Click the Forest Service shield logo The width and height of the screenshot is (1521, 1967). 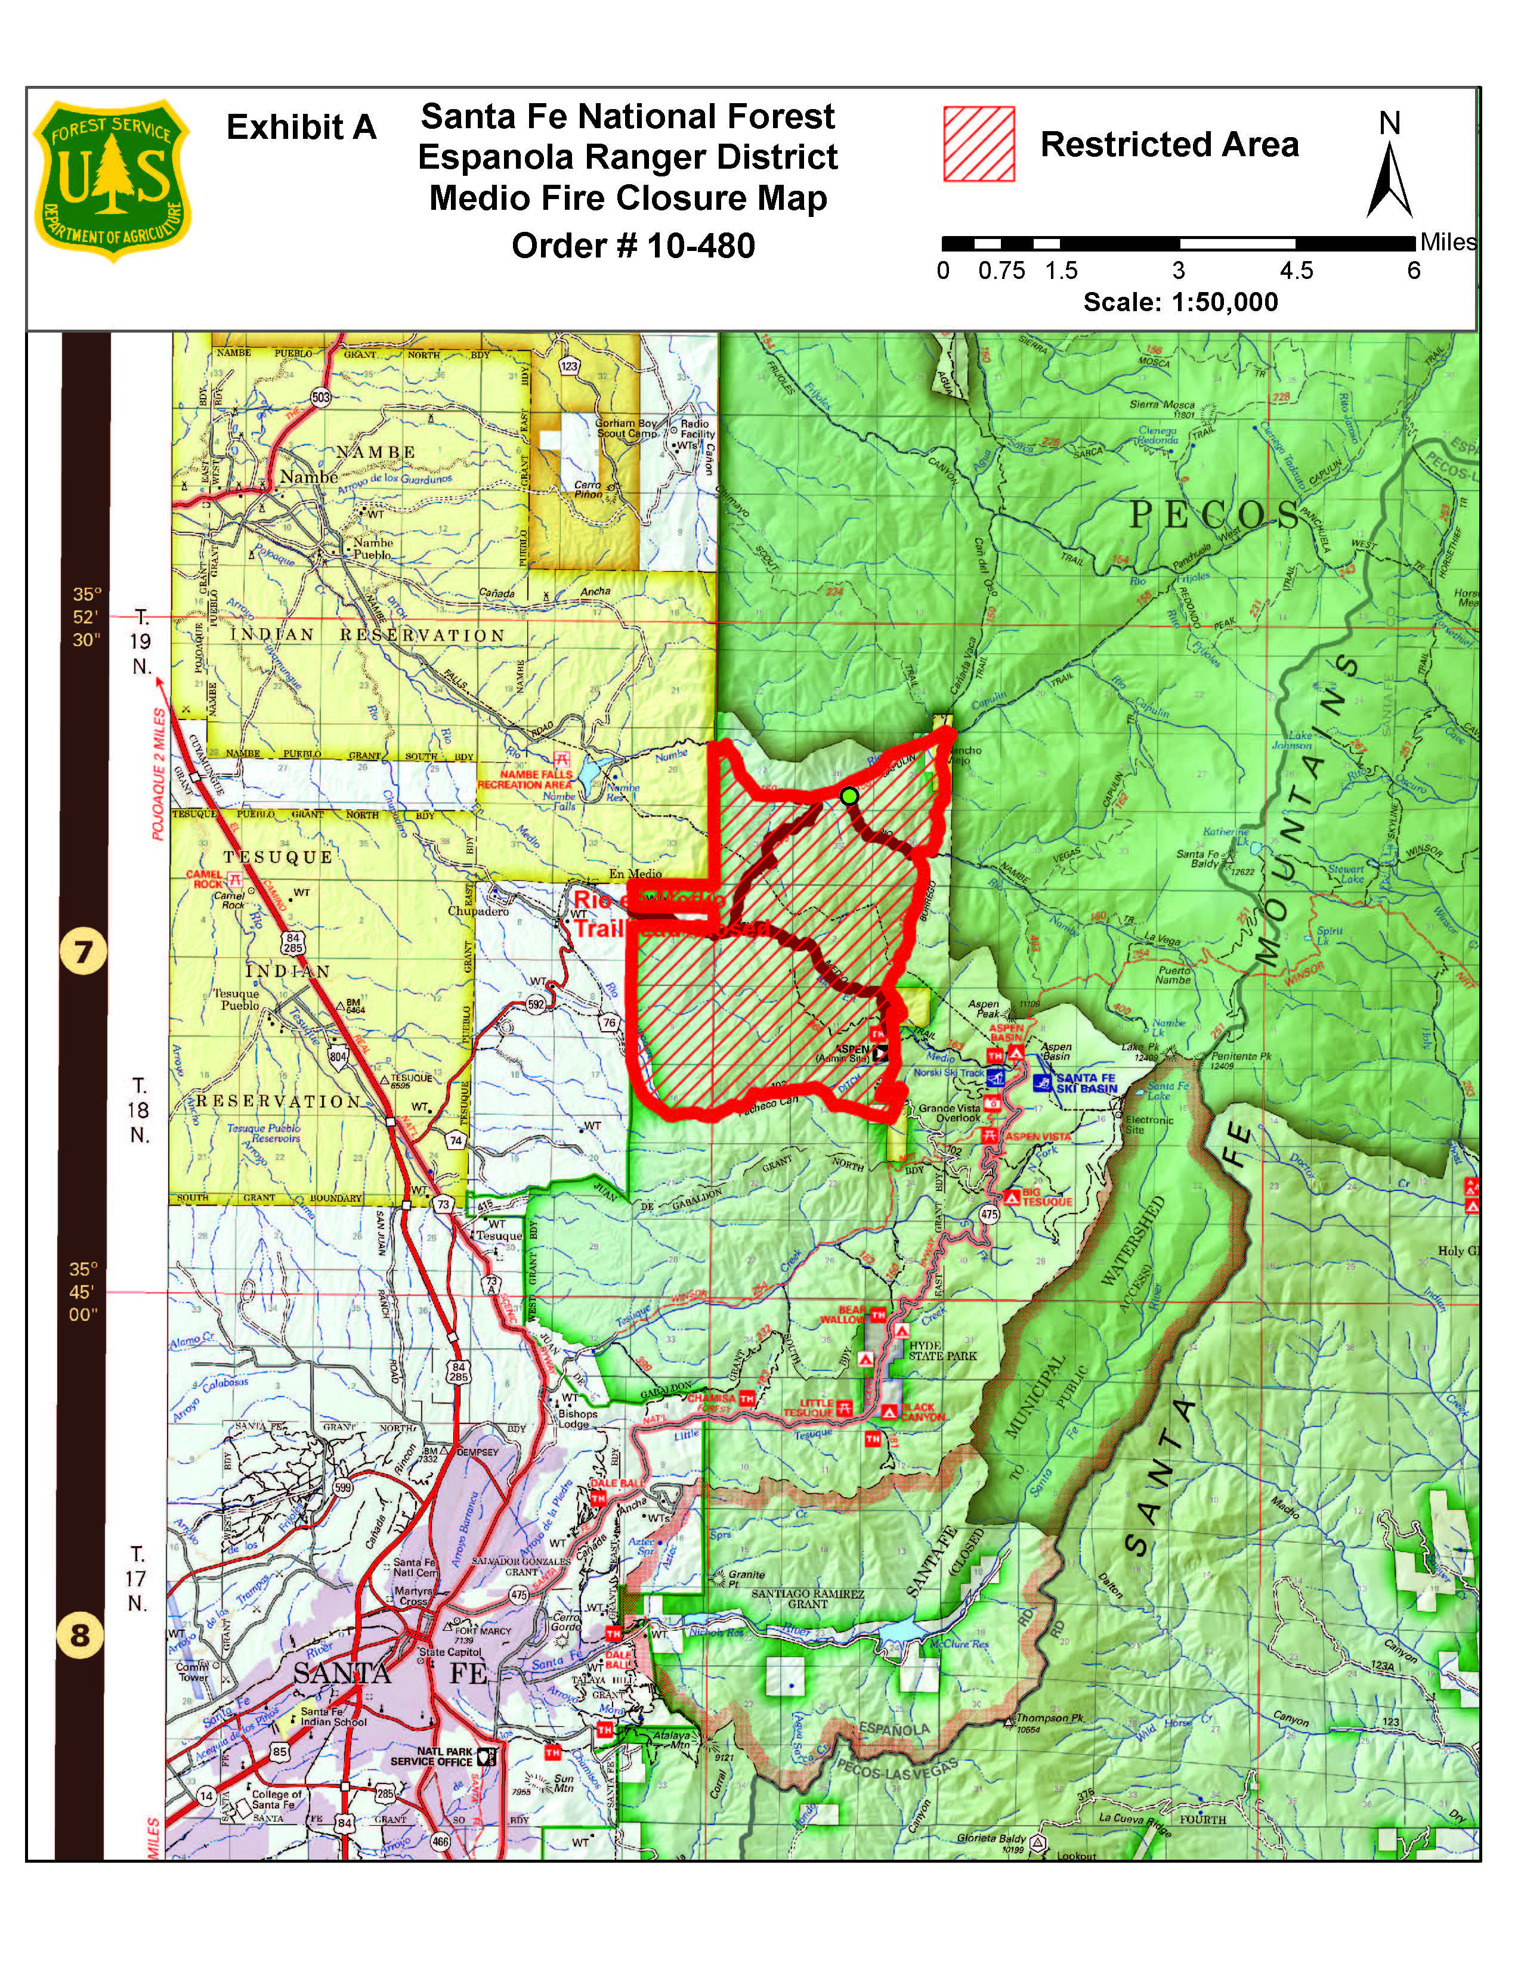point(112,180)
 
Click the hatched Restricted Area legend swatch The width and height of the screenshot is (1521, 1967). point(979,144)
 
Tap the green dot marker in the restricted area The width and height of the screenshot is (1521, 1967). point(848,795)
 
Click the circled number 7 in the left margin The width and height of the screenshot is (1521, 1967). point(83,952)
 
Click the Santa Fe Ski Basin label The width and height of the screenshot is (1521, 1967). point(1086,1084)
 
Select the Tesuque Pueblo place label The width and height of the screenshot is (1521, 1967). point(236,1000)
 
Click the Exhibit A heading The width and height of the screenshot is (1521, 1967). point(301,127)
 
